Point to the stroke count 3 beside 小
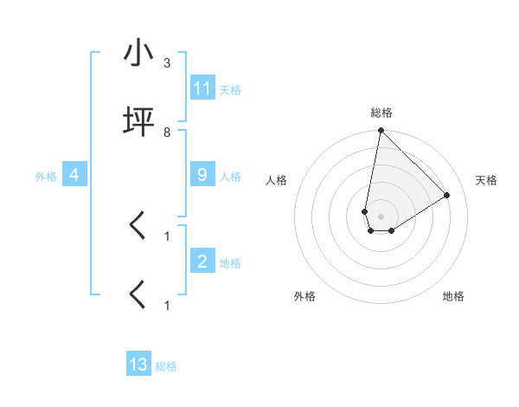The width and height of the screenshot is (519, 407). pyautogui.click(x=167, y=64)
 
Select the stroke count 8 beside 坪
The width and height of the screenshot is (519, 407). pyautogui.click(x=167, y=132)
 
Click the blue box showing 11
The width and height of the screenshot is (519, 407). pyautogui.click(x=202, y=88)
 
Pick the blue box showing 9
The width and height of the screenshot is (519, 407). pyautogui.click(x=202, y=175)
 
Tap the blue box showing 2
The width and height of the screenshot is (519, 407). pyautogui.click(x=202, y=261)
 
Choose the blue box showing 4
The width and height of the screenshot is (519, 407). pyautogui.click(x=74, y=175)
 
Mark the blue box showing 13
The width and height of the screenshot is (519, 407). pyautogui.click(x=138, y=365)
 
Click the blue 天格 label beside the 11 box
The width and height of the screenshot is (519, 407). pyautogui.click(x=230, y=89)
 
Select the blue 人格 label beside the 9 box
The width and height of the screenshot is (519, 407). pyautogui.click(x=230, y=176)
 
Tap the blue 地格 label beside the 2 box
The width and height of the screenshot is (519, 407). pyautogui.click(x=230, y=262)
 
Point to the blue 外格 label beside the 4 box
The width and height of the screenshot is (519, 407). pyautogui.click(x=46, y=176)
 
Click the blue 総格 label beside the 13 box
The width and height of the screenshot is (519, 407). pyautogui.click(x=166, y=366)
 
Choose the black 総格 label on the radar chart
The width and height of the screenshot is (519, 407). pyautogui.click(x=381, y=113)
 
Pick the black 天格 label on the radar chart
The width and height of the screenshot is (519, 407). pyautogui.click(x=486, y=180)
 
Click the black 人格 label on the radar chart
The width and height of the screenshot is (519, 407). pyautogui.click(x=277, y=180)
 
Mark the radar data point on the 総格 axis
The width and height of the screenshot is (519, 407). pyautogui.click(x=381, y=132)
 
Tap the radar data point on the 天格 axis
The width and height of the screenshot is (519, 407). pyautogui.click(x=447, y=195)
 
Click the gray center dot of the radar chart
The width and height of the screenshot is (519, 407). pyautogui.click(x=381, y=216)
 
